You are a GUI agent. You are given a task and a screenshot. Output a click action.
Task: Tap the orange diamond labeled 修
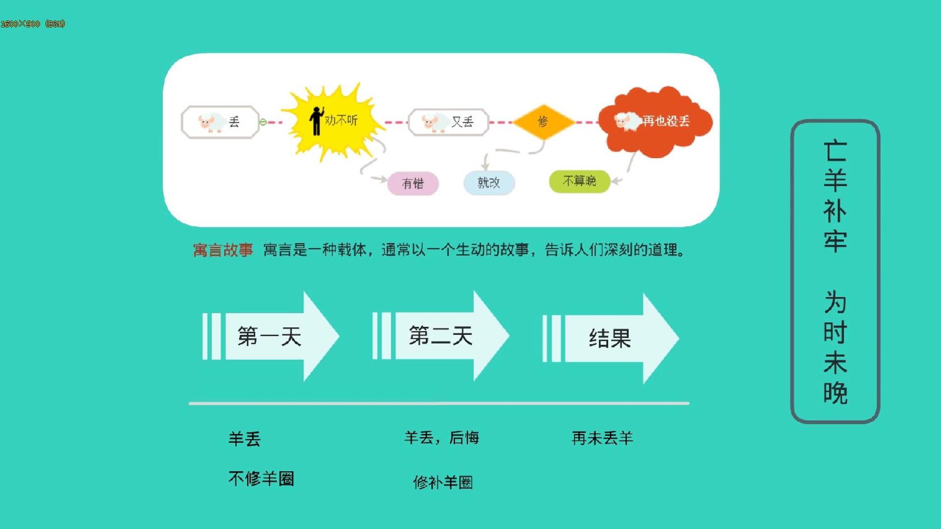pos(543,121)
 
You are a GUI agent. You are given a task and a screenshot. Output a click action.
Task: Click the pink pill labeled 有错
pos(413,184)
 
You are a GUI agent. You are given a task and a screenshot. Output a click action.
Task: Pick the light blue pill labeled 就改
pos(489,183)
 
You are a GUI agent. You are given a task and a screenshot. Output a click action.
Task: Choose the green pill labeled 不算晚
pos(579,181)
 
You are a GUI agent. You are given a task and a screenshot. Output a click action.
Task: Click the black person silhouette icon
pos(317,120)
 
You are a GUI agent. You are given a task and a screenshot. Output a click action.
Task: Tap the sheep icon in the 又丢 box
pos(435,122)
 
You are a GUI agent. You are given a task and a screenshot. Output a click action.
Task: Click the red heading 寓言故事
pos(223,250)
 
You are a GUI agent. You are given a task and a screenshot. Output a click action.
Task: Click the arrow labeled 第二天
pos(441,336)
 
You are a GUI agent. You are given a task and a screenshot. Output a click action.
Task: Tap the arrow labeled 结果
pos(611,338)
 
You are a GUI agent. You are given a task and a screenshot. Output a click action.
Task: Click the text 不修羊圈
pos(261,479)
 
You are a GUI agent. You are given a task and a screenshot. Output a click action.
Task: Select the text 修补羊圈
pos(443,482)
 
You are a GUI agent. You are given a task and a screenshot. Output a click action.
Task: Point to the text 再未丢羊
pos(602,438)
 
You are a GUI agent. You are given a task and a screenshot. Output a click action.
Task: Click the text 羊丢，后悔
pos(442,437)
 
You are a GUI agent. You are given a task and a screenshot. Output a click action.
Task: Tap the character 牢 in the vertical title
pos(835,241)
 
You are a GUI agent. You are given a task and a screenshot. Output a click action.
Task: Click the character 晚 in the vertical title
pos(835,393)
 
